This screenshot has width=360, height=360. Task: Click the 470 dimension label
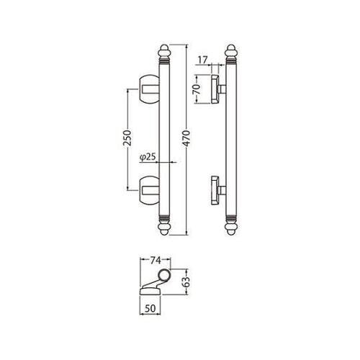tap(186, 140)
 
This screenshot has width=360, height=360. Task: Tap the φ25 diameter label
tap(142, 156)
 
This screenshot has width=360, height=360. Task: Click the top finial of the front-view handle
tap(163, 55)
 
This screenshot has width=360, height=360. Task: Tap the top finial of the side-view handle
tap(230, 55)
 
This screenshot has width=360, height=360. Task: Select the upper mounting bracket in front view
tap(149, 89)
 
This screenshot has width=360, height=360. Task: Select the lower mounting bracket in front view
tap(149, 190)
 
